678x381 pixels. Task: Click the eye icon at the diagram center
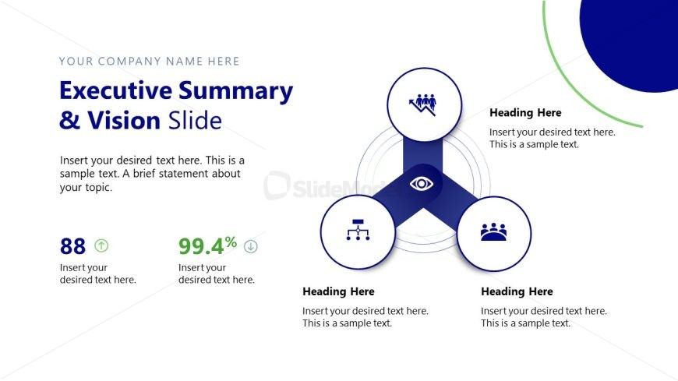click(x=422, y=184)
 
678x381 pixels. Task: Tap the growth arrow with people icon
click(x=424, y=104)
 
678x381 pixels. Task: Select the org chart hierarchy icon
click(x=357, y=231)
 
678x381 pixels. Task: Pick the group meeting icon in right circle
click(x=493, y=232)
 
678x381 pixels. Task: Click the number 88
click(x=72, y=246)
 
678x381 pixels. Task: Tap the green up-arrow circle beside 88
click(x=101, y=245)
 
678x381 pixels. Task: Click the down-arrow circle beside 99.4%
click(x=250, y=246)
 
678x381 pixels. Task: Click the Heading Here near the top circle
click(x=525, y=113)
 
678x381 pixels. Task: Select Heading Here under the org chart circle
click(x=338, y=291)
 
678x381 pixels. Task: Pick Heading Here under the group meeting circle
click(x=517, y=291)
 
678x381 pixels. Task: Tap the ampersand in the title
click(x=69, y=121)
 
